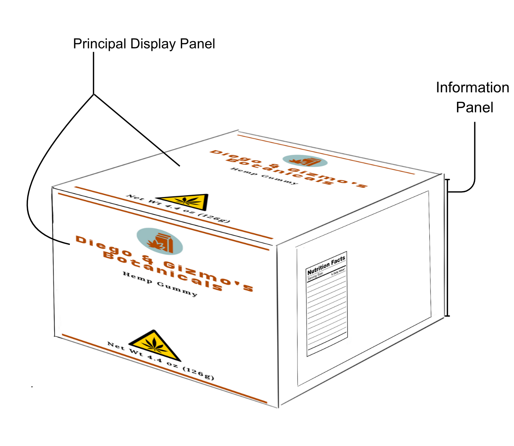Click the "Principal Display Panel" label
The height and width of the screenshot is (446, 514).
pos(144,44)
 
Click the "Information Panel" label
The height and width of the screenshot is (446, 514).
pos(473,97)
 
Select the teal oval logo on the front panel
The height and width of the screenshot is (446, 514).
pos(160,241)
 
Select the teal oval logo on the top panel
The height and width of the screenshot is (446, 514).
pos(305,161)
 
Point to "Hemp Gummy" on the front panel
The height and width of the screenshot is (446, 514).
pos(160,284)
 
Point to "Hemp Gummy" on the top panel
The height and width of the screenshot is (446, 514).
pos(264,176)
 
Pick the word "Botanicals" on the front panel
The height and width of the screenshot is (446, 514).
pos(162,271)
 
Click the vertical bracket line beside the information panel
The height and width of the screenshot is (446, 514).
pos(447,247)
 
